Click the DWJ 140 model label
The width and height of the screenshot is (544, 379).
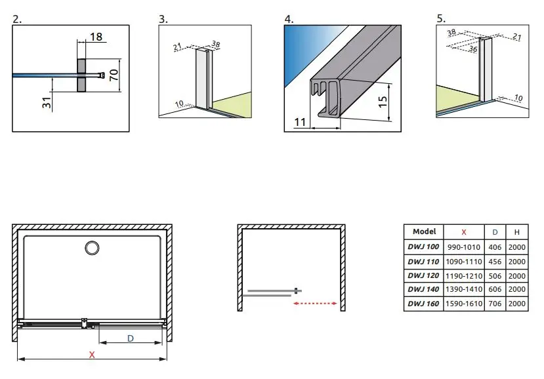pyautogui.click(x=423, y=289)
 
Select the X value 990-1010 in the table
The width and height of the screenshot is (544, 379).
pyautogui.click(x=463, y=247)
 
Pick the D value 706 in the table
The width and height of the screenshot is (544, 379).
pyautogui.click(x=495, y=304)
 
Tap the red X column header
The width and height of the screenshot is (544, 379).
pyautogui.click(x=464, y=232)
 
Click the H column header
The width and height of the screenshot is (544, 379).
pyautogui.click(x=517, y=232)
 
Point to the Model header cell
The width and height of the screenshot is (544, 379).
pyautogui.click(x=424, y=231)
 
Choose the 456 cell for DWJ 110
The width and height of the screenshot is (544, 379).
pyautogui.click(x=495, y=262)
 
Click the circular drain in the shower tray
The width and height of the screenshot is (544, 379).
pyautogui.click(x=92, y=248)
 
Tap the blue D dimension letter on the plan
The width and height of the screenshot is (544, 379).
pyautogui.click(x=131, y=338)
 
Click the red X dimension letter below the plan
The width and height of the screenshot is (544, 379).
pyautogui.click(x=92, y=355)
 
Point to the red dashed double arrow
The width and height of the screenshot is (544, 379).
pyautogui.click(x=315, y=304)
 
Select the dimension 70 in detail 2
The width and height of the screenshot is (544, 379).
pyautogui.click(x=114, y=75)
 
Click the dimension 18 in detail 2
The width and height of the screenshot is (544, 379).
pyautogui.click(x=96, y=37)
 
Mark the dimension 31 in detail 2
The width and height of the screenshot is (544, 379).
pyautogui.click(x=47, y=102)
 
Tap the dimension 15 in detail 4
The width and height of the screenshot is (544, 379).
pyautogui.click(x=383, y=101)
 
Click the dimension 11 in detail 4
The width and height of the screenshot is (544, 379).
pyautogui.click(x=300, y=122)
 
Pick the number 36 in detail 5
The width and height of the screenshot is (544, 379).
pyautogui.click(x=473, y=49)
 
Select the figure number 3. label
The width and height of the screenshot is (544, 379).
pyautogui.click(x=163, y=19)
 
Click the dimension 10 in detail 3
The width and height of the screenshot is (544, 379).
pyautogui.click(x=179, y=104)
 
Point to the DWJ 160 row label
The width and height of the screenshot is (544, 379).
pyautogui.click(x=423, y=304)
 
